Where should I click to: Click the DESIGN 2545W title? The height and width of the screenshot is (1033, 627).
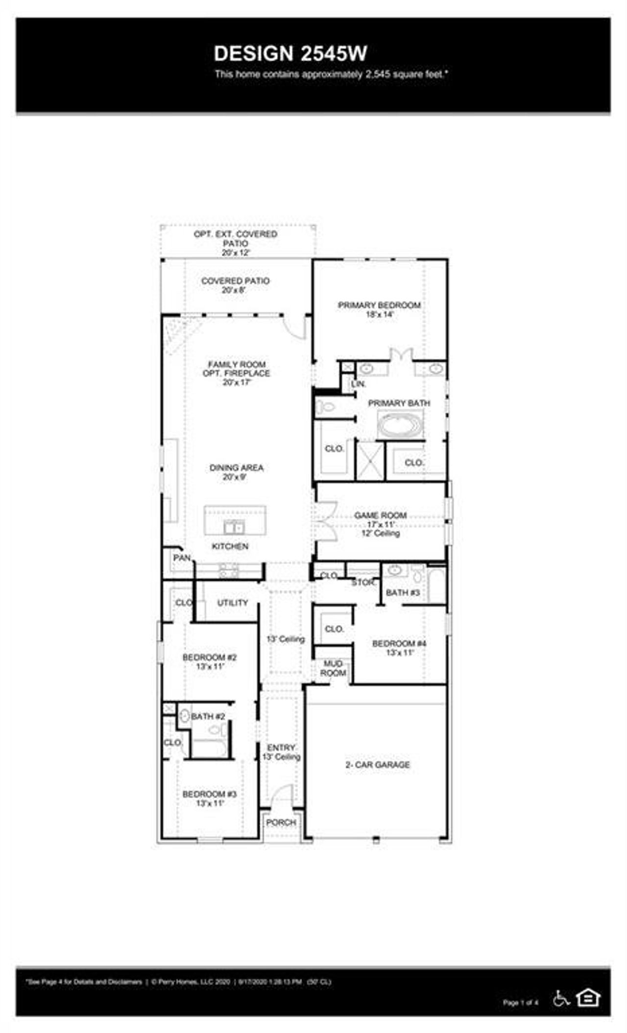pyautogui.click(x=290, y=53)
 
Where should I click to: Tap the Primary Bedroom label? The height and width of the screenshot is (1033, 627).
pyautogui.click(x=379, y=305)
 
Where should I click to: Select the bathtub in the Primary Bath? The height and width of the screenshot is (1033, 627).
pyautogui.click(x=400, y=424)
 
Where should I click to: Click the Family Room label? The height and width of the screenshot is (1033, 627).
pyautogui.click(x=237, y=364)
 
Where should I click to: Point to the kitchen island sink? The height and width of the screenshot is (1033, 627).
pyautogui.click(x=234, y=528)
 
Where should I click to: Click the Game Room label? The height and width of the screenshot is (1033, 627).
pyautogui.click(x=381, y=515)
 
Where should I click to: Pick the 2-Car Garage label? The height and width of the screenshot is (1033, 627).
pyautogui.click(x=378, y=765)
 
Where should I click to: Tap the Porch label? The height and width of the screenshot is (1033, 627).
pyautogui.click(x=281, y=822)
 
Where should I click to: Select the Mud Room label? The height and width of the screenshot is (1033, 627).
pyautogui.click(x=333, y=668)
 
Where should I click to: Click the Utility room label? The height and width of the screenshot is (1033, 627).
pyautogui.click(x=233, y=603)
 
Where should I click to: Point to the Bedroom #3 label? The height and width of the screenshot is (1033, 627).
pyautogui.click(x=210, y=794)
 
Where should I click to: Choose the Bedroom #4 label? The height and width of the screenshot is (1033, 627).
pyautogui.click(x=399, y=643)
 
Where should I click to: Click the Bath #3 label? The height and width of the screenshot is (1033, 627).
pyautogui.click(x=403, y=592)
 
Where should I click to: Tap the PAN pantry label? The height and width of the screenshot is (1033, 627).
pyautogui.click(x=182, y=558)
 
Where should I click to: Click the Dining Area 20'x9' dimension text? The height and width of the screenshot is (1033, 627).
pyautogui.click(x=237, y=477)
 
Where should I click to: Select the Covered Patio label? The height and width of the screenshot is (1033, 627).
pyautogui.click(x=235, y=281)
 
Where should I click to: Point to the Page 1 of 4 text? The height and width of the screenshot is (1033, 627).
pyautogui.click(x=520, y=1003)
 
